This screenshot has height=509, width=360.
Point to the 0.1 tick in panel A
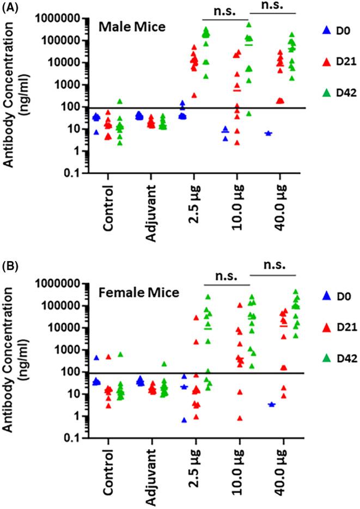pos(70,173)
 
